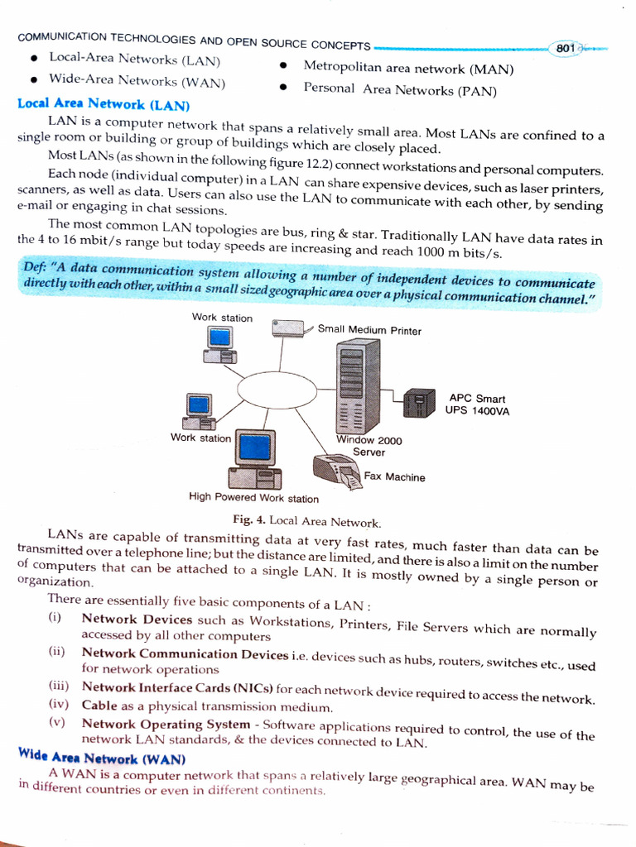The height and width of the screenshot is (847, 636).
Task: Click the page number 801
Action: tap(566, 49)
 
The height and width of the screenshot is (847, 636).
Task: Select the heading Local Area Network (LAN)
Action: tap(104, 105)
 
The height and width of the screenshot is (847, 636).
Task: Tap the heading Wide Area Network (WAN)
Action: tap(102, 758)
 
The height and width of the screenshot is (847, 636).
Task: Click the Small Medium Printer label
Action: tap(369, 331)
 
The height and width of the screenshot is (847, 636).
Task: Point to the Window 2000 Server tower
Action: tap(358, 385)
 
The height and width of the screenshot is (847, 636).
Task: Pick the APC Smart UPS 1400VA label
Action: tap(477, 404)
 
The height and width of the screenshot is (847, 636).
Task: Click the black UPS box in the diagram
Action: tap(419, 403)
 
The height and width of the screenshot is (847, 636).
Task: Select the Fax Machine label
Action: tap(394, 477)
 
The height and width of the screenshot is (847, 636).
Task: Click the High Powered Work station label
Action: tap(253, 498)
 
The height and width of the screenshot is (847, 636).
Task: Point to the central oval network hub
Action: tap(277, 389)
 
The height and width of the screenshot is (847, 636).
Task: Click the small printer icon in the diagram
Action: tap(288, 328)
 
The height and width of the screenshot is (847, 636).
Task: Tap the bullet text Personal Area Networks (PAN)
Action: tap(400, 89)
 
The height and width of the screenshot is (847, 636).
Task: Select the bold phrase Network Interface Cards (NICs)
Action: tap(177, 688)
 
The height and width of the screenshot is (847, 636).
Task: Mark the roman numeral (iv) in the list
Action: tap(58, 705)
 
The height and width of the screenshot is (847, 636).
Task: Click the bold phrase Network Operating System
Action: tap(166, 724)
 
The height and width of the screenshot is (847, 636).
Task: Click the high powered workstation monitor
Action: tap(255, 448)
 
